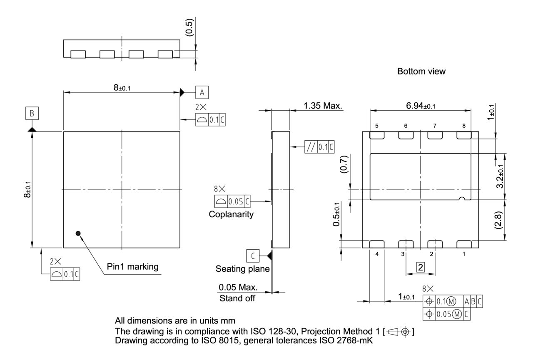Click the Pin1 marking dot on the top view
point(77,233)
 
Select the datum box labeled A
point(202,92)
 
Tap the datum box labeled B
point(32,113)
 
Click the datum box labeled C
point(252,254)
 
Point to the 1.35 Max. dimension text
point(323,106)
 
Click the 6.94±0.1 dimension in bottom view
point(421,106)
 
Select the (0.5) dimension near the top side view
point(189,28)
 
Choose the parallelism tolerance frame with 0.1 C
point(319,147)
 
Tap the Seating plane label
point(242,269)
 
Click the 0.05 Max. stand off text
point(238,288)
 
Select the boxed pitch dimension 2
point(420,268)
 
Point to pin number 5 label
point(377,125)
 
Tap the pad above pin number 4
point(377,244)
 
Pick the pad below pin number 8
point(463,135)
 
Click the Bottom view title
point(421,71)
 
